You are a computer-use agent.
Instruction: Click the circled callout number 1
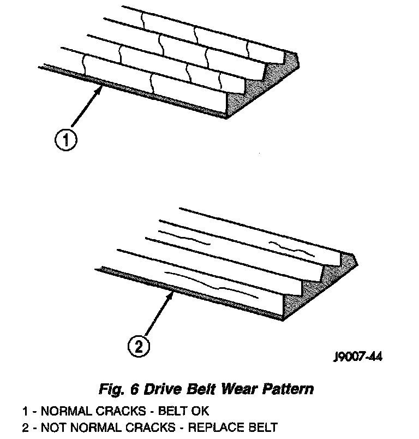pyautogui.click(x=65, y=141)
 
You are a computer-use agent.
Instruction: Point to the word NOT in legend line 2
pyautogui.click(x=52, y=426)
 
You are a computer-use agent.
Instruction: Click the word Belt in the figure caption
pyautogui.click(x=200, y=389)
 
